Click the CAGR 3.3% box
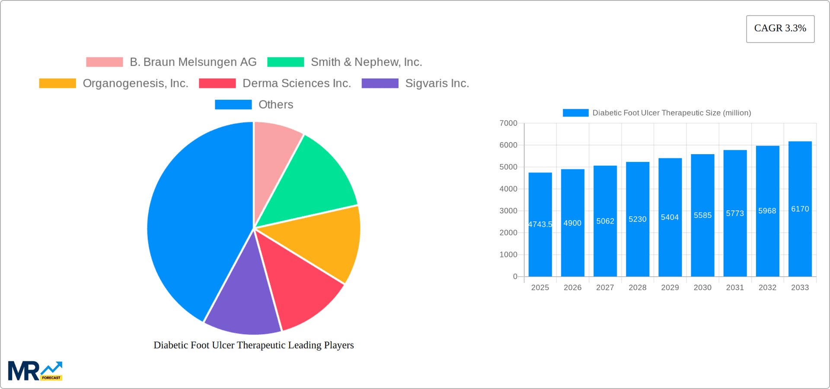pos(780,28)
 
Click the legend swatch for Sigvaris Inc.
pos(380,83)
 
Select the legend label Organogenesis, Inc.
pos(135,83)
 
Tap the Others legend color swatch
pos(233,104)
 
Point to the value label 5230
pos(637,219)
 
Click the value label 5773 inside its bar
pos(734,213)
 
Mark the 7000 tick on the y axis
pos(508,123)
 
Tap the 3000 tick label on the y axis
pos(508,211)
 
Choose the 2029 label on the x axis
pos(670,288)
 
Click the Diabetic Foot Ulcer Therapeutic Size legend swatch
pos(575,113)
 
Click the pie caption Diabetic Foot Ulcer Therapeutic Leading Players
pos(254,345)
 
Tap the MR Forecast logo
pos(35,371)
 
